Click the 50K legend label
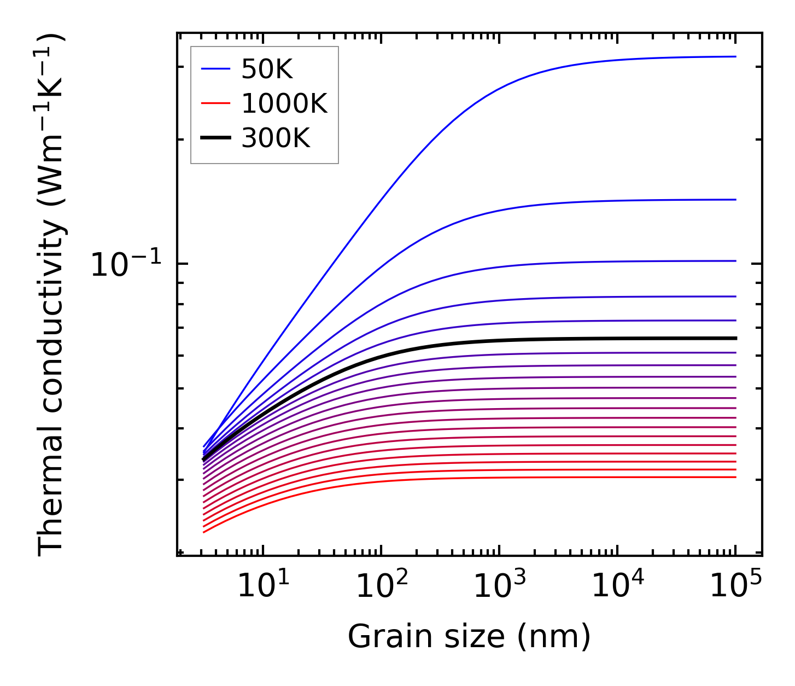point(267,69)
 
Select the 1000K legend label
point(284,104)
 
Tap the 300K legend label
point(276,139)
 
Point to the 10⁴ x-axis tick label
point(617,587)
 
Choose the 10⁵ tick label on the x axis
point(735,587)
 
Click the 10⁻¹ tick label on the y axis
point(126,265)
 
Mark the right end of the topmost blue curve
point(735,56)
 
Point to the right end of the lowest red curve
point(735,477)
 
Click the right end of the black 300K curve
point(735,338)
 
